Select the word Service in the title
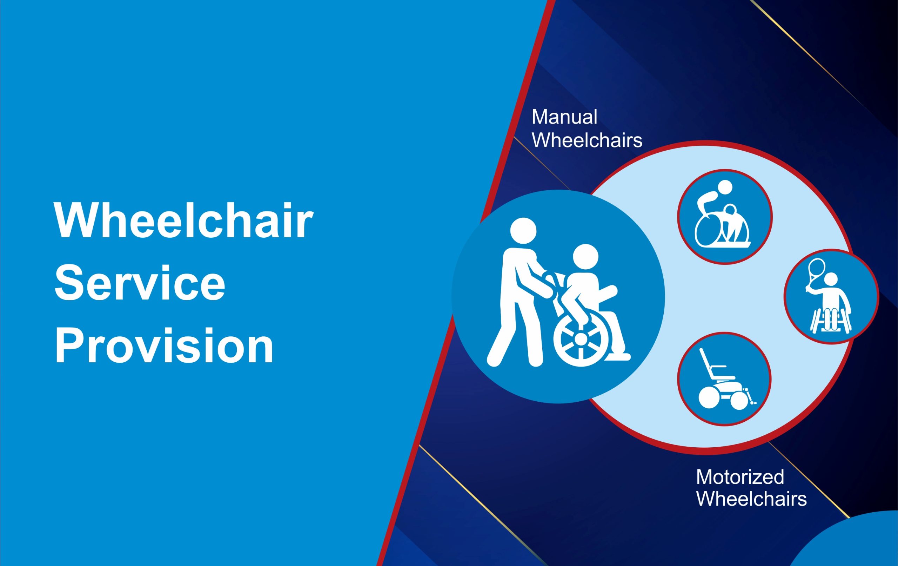pos(140,283)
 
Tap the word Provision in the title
pos(164,345)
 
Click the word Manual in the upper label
pos(564,117)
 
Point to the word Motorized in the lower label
pos(740,477)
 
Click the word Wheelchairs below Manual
pos(587,140)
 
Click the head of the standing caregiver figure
pos(523,231)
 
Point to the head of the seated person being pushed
pos(585,257)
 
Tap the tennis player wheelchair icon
pos(831,296)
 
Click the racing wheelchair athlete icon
pos(725,217)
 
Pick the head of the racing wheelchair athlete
pos(725,187)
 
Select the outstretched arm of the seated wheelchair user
pos(607,293)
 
